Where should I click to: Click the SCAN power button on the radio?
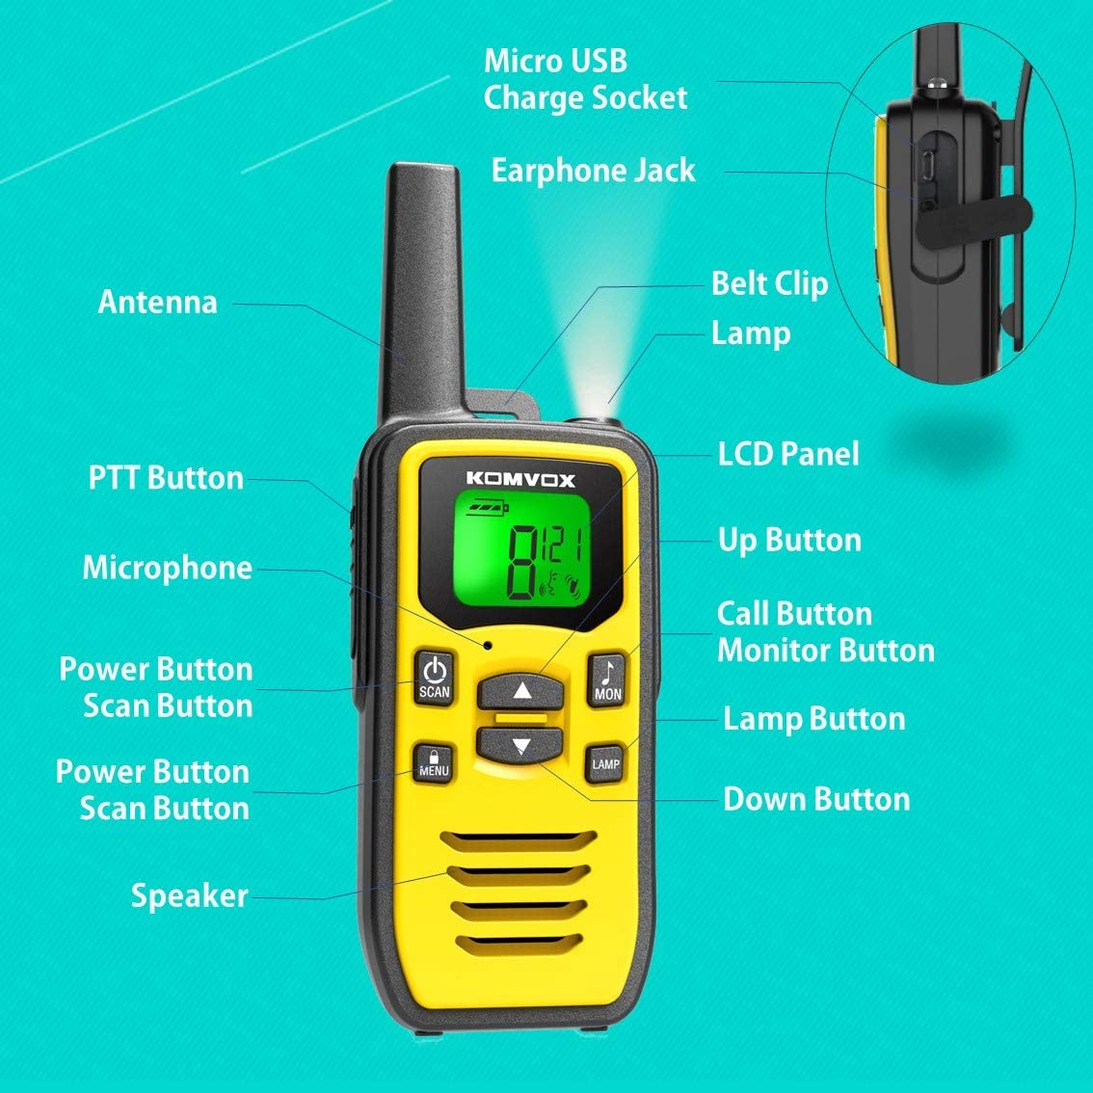[435, 678]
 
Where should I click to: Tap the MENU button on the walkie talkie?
[434, 762]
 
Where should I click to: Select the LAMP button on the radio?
[605, 763]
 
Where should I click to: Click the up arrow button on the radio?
[521, 691]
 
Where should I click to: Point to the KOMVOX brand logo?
[520, 479]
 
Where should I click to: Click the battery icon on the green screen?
[488, 505]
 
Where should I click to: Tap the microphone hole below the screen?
[489, 645]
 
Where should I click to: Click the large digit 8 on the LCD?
[522, 562]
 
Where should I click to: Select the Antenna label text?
[157, 302]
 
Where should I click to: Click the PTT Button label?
[166, 478]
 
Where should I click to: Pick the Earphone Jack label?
[593, 171]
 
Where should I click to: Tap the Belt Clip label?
[769, 284]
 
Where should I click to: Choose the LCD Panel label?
[788, 454]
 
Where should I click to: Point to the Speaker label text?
[190, 896]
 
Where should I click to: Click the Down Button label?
[817, 800]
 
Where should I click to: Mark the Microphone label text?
[168, 568]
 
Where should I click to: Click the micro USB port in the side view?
[928, 164]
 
